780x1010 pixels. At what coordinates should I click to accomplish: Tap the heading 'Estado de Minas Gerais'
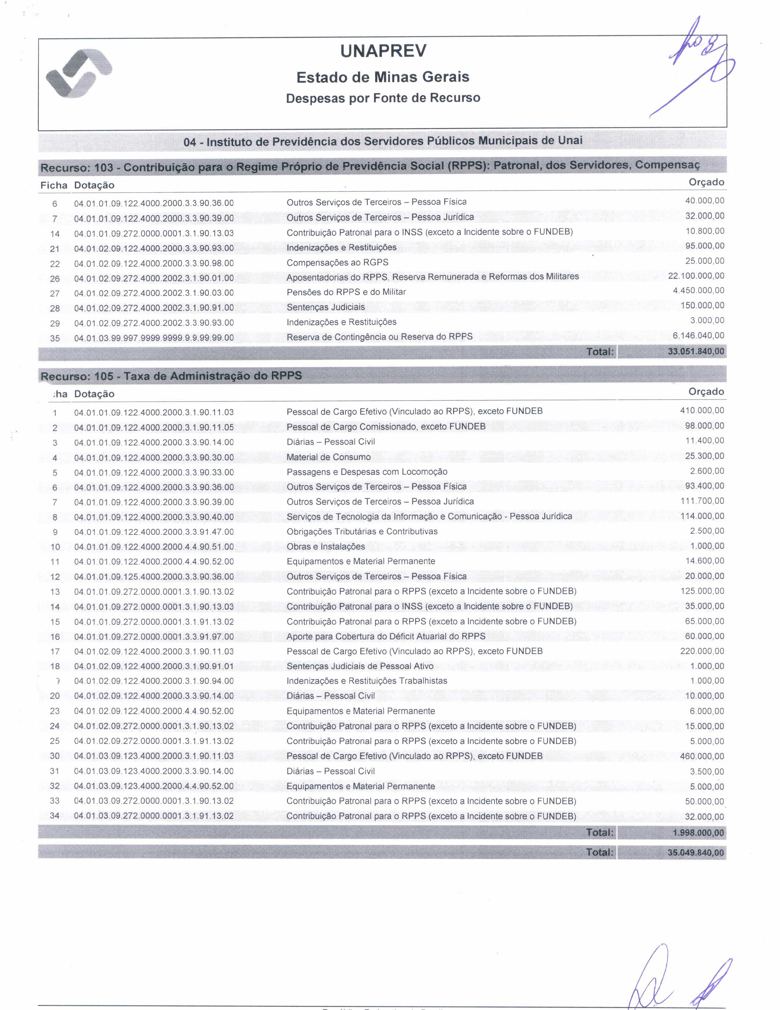pyautogui.click(x=383, y=77)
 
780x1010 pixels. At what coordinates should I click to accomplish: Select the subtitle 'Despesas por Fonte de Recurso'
pyautogui.click(x=383, y=98)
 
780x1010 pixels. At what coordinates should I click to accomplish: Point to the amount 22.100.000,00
pyautogui.click(x=696, y=276)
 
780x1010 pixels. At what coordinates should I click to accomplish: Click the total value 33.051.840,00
pyautogui.click(x=696, y=351)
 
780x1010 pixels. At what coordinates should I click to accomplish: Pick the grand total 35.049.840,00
pyautogui.click(x=696, y=852)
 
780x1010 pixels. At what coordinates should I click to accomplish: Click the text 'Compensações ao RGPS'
pyautogui.click(x=337, y=263)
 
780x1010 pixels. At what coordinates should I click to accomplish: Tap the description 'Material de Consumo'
pyautogui.click(x=329, y=457)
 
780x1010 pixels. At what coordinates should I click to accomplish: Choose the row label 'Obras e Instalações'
pyautogui.click(x=326, y=547)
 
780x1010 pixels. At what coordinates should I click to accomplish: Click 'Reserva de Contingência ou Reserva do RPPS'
pyautogui.click(x=379, y=337)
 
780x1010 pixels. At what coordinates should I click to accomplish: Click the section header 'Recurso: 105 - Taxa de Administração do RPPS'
pyautogui.click(x=171, y=376)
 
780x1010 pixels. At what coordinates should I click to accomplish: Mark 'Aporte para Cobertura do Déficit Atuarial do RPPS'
pyautogui.click(x=386, y=636)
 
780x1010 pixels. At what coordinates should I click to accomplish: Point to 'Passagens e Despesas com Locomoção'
pyautogui.click(x=367, y=472)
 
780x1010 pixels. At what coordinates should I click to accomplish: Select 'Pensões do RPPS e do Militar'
pyautogui.click(x=346, y=292)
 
